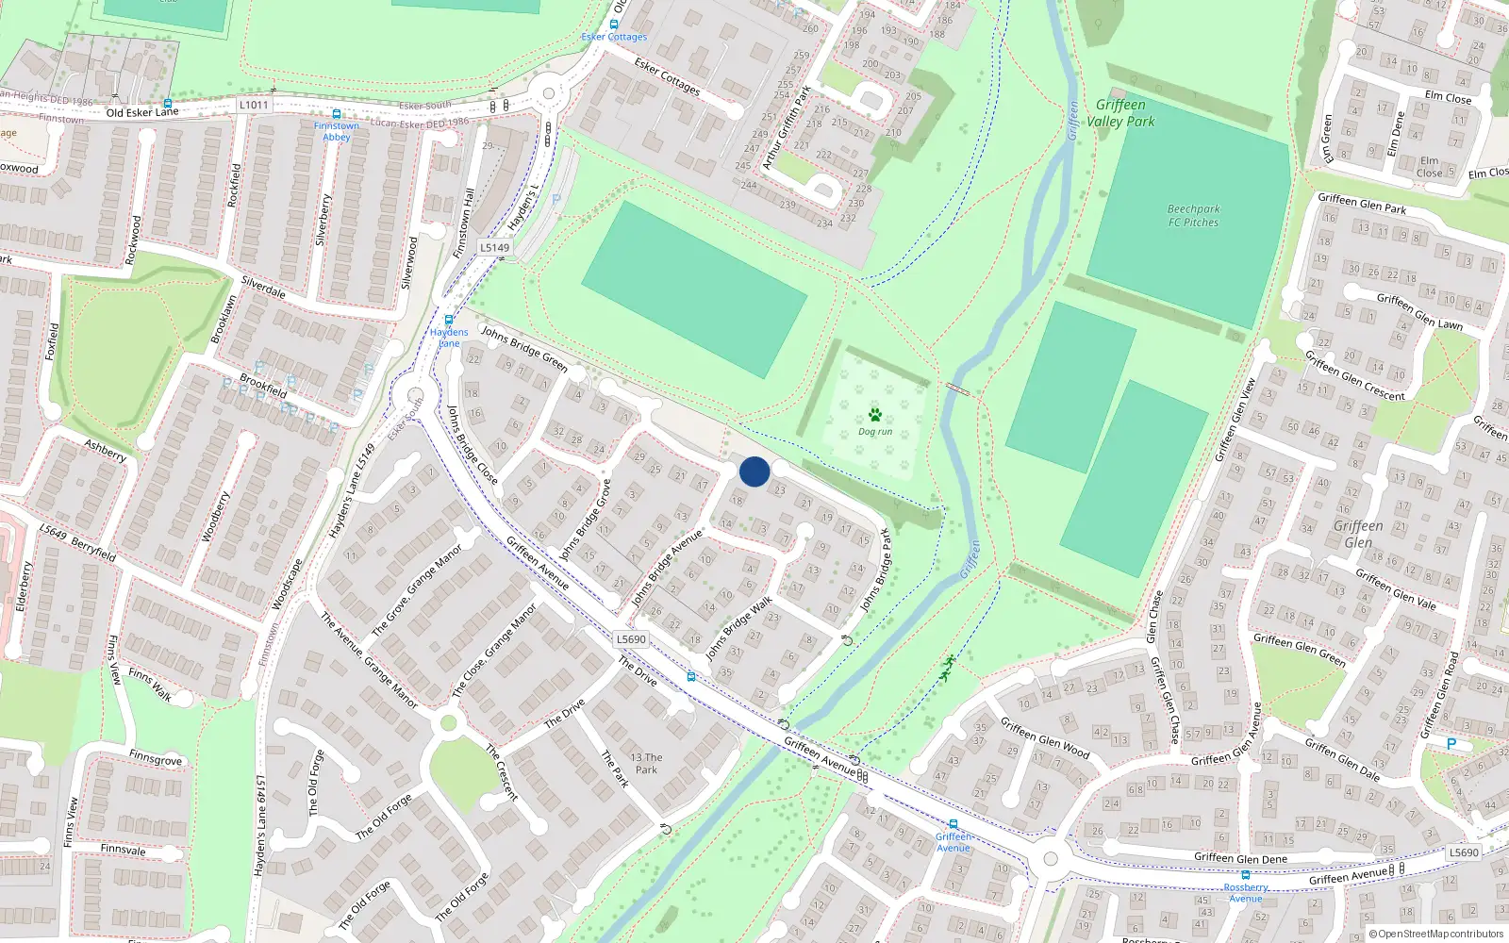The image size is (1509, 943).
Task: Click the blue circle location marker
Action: [754, 471]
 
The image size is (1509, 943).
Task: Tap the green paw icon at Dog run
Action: [875, 415]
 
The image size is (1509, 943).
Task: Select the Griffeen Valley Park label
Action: [1120, 113]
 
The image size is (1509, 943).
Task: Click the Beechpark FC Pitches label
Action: [1193, 216]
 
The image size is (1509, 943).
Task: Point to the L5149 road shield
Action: [494, 248]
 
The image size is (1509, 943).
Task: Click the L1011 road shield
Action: [254, 105]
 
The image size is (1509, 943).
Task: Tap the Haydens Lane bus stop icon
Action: [449, 320]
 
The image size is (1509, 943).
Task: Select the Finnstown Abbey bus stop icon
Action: [337, 114]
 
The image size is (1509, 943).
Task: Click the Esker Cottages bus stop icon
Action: [614, 25]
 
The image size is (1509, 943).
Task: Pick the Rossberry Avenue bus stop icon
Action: [1245, 875]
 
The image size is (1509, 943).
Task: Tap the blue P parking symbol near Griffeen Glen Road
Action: [1451, 744]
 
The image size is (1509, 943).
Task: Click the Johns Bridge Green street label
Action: [524, 348]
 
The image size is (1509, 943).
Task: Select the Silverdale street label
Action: [263, 287]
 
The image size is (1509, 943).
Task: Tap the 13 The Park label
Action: [646, 763]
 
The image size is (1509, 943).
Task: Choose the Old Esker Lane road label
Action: [142, 112]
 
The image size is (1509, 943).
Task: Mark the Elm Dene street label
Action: [1396, 134]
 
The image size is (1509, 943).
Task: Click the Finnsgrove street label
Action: [156, 757]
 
